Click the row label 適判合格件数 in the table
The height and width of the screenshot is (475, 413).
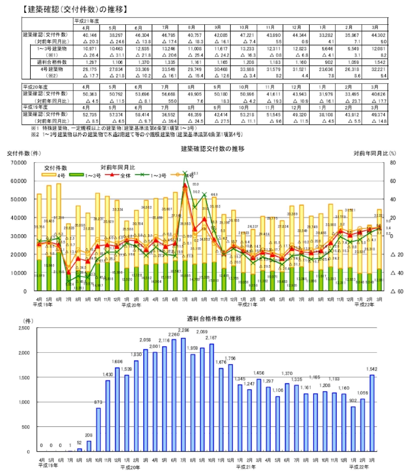click(x=52, y=61)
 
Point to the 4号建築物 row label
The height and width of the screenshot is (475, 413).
click(x=52, y=68)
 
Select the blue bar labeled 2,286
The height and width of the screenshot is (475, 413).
click(x=183, y=395)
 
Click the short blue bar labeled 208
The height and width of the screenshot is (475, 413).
click(x=89, y=446)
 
